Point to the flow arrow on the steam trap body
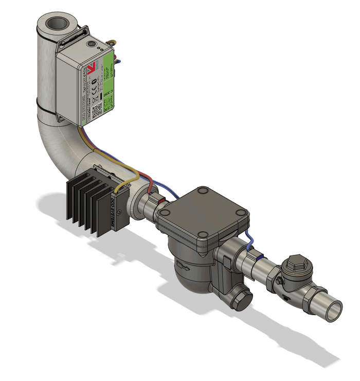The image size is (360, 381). tap(183, 265)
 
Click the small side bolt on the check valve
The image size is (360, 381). tap(278, 282)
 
